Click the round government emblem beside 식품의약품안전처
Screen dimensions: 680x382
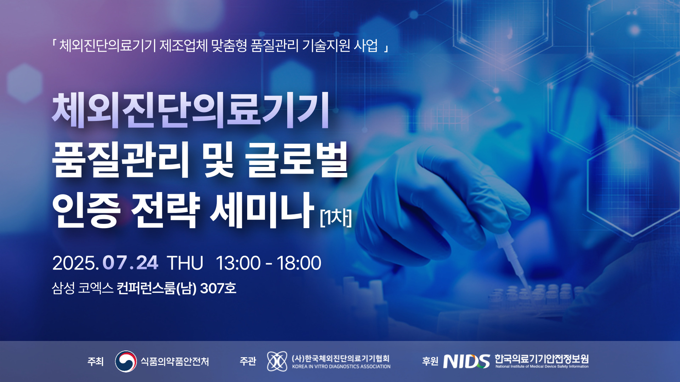coord(126,361)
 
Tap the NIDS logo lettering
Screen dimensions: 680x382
coord(467,361)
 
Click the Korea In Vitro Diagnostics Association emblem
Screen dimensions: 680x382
coord(277,361)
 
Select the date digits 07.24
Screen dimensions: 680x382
coord(130,263)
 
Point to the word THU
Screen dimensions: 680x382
coord(185,263)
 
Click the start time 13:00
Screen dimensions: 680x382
coord(238,263)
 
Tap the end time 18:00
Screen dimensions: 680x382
coord(299,263)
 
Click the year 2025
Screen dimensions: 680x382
coord(75,263)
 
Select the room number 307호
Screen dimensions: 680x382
coord(218,288)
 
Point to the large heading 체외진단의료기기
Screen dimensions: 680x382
coord(191,110)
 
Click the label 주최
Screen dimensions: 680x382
coord(95,361)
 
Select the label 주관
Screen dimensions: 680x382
coord(248,361)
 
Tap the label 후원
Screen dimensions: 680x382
coord(430,361)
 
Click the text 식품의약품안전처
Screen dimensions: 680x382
coord(175,361)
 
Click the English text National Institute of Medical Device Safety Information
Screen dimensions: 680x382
coord(542,367)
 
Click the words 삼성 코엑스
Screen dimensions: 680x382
coord(83,288)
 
